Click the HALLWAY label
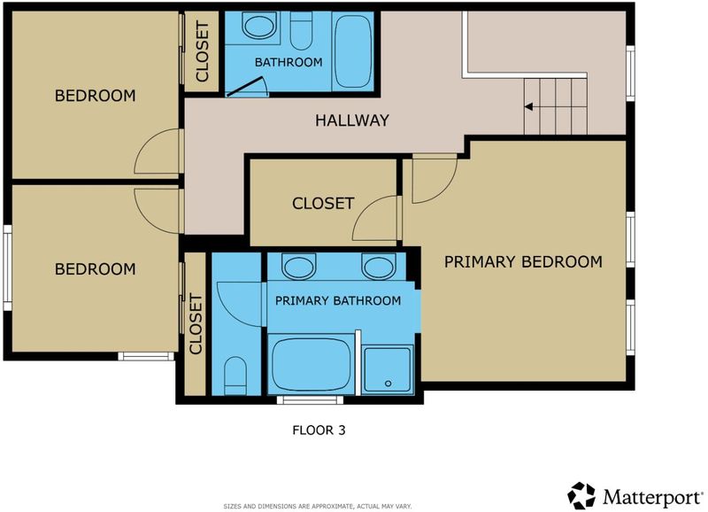pyautogui.click(x=351, y=120)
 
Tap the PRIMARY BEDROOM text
pyautogui.click(x=523, y=261)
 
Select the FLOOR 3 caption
pyautogui.click(x=319, y=431)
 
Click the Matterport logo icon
pyautogui.click(x=581, y=496)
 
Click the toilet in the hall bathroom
pyautogui.click(x=301, y=31)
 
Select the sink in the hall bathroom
pyautogui.click(x=258, y=25)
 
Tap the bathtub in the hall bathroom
pyautogui.click(x=353, y=51)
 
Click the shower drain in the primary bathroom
pyautogui.click(x=388, y=384)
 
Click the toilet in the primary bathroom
pyautogui.click(x=235, y=375)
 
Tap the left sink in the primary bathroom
pyautogui.click(x=298, y=265)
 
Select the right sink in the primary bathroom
pyautogui.click(x=379, y=265)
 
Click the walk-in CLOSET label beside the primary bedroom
pyautogui.click(x=323, y=204)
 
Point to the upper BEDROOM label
pyautogui.click(x=95, y=96)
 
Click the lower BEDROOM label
pyautogui.click(x=95, y=269)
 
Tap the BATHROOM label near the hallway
pyautogui.click(x=289, y=62)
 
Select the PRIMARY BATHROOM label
pyautogui.click(x=338, y=301)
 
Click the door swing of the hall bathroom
pyautogui.click(x=246, y=86)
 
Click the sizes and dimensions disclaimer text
pyautogui.click(x=318, y=507)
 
